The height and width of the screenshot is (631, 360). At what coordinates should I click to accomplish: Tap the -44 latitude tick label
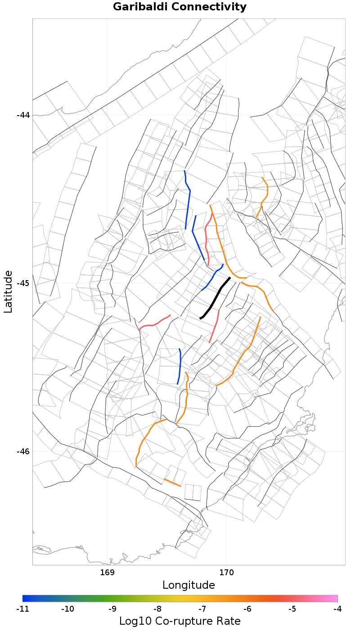(23, 115)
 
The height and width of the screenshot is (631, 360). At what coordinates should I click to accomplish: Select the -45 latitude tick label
(23, 283)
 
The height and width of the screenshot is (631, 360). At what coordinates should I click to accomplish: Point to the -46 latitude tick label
(23, 452)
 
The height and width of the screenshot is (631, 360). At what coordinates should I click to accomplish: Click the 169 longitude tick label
(107, 573)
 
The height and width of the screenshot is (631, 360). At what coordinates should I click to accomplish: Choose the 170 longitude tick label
(226, 573)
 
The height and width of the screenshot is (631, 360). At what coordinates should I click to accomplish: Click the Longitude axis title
(189, 585)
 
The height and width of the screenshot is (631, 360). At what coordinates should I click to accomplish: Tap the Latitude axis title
(8, 291)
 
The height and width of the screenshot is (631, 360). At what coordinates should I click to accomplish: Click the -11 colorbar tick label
(22, 609)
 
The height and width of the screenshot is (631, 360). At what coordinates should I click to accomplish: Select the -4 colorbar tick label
(337, 609)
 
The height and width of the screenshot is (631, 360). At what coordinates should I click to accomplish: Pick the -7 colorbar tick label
(202, 609)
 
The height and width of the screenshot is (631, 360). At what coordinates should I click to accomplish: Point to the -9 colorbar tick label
(112, 609)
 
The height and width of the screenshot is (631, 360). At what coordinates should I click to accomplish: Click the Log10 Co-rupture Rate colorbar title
(180, 622)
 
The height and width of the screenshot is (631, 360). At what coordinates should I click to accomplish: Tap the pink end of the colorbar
(335, 598)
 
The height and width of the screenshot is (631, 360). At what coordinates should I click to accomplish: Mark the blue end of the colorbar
(25, 598)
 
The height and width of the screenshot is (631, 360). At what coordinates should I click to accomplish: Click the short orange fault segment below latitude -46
(172, 483)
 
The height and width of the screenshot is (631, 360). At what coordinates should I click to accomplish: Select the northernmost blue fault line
(187, 200)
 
